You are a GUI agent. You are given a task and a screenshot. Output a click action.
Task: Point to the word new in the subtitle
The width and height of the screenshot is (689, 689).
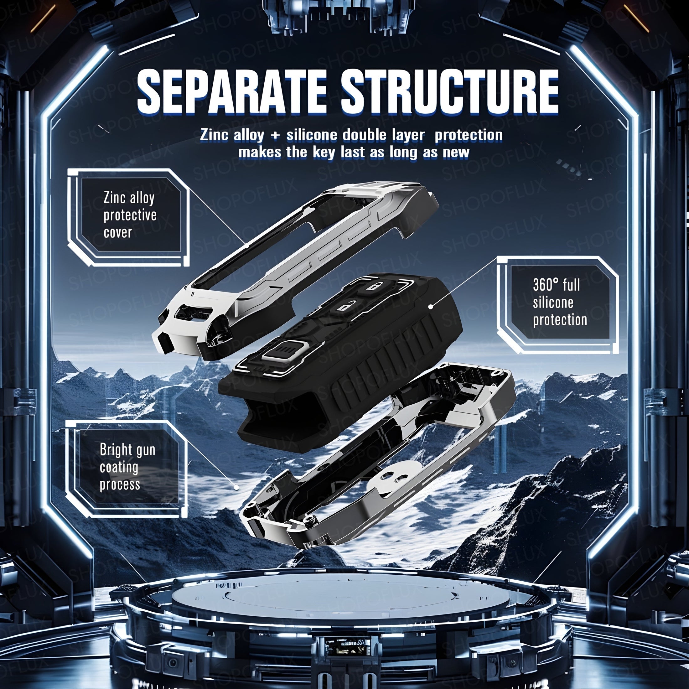click(x=456, y=152)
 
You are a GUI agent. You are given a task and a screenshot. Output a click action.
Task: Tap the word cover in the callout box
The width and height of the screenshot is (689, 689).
click(x=118, y=232)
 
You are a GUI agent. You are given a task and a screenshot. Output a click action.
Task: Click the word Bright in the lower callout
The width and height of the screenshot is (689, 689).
click(x=115, y=450)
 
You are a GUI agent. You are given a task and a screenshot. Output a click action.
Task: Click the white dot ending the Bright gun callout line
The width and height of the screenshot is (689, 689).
click(x=236, y=487)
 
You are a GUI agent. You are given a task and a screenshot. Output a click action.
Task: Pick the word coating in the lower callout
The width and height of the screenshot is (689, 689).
click(x=119, y=467)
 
